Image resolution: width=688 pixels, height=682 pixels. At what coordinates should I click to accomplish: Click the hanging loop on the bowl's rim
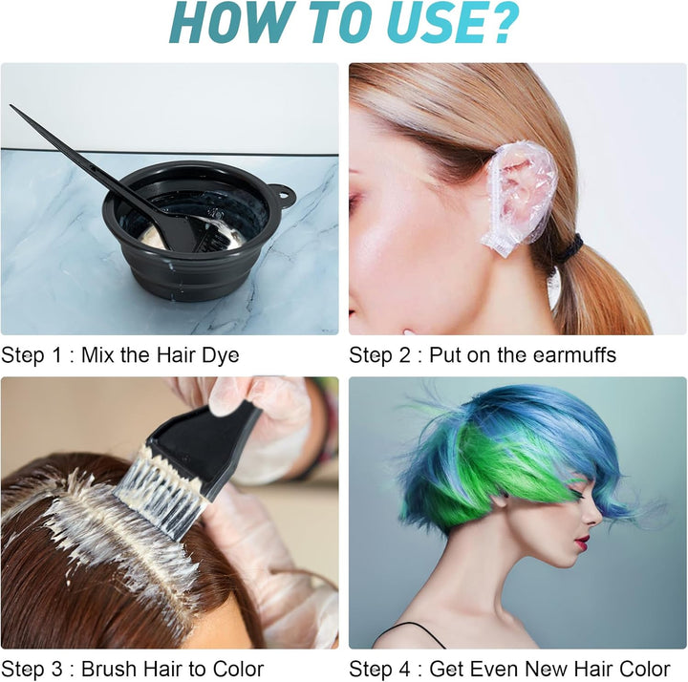point(284,197)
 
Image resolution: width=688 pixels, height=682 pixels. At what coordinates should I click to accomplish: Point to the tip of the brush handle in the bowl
point(14,109)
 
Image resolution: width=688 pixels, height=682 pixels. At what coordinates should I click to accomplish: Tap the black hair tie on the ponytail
point(571,250)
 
